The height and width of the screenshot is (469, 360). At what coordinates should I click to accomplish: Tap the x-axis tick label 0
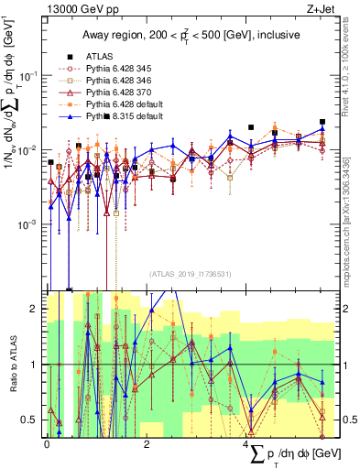[48, 444]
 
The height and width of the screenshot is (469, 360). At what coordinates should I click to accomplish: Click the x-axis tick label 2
[147, 444]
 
